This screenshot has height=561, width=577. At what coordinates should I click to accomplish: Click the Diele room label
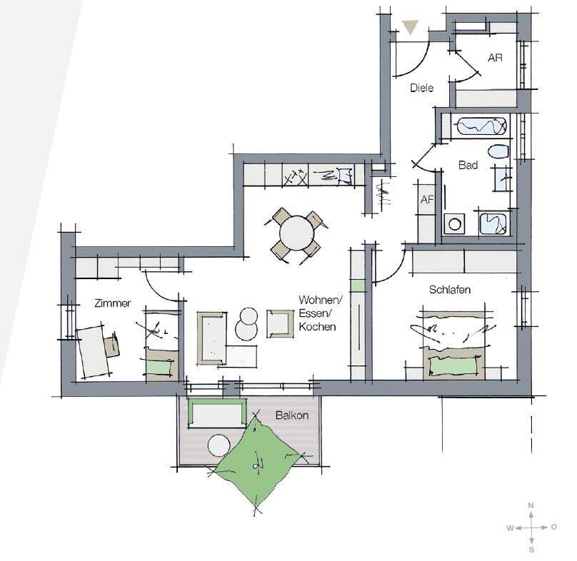422,88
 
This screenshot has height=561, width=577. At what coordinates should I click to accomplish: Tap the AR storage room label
495,58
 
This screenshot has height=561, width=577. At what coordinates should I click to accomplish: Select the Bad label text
468,165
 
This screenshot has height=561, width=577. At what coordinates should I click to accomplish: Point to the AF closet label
427,199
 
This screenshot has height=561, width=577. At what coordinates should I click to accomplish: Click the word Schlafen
450,290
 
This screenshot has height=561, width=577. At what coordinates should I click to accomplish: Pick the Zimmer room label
113,303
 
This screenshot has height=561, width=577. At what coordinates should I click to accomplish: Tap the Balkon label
292,415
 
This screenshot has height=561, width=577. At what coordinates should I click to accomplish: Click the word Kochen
317,327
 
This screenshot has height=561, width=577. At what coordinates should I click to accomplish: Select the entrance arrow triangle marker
411,27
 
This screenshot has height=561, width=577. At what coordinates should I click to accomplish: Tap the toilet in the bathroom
498,151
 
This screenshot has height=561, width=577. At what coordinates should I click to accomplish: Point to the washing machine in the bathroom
454,223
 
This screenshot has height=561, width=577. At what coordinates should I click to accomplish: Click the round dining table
296,233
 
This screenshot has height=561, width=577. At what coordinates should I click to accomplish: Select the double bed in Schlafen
453,345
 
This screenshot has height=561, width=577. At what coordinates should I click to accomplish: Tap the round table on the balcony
219,445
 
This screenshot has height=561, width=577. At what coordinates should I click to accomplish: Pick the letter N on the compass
531,505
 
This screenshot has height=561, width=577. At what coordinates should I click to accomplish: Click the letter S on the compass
531,550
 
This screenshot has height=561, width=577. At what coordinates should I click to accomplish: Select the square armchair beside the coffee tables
281,324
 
